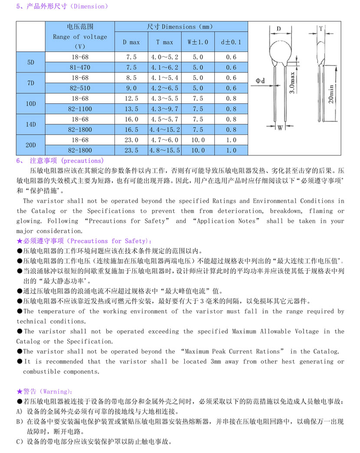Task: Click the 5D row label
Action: pyautogui.click(x=30, y=62)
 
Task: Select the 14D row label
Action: pyautogui.click(x=30, y=124)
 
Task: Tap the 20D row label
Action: pyautogui.click(x=30, y=145)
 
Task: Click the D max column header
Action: pyautogui.click(x=131, y=42)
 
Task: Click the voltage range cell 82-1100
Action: pyautogui.click(x=80, y=109)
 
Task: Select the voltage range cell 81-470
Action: pyautogui.click(x=80, y=67)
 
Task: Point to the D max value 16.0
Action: pyautogui.click(x=131, y=119)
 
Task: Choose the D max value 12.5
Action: pyautogui.click(x=131, y=98)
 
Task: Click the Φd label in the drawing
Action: pyautogui.click(x=260, y=81)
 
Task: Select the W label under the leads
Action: pyautogui.click(x=280, y=128)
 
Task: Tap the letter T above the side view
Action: pyautogui.click(x=321, y=29)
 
